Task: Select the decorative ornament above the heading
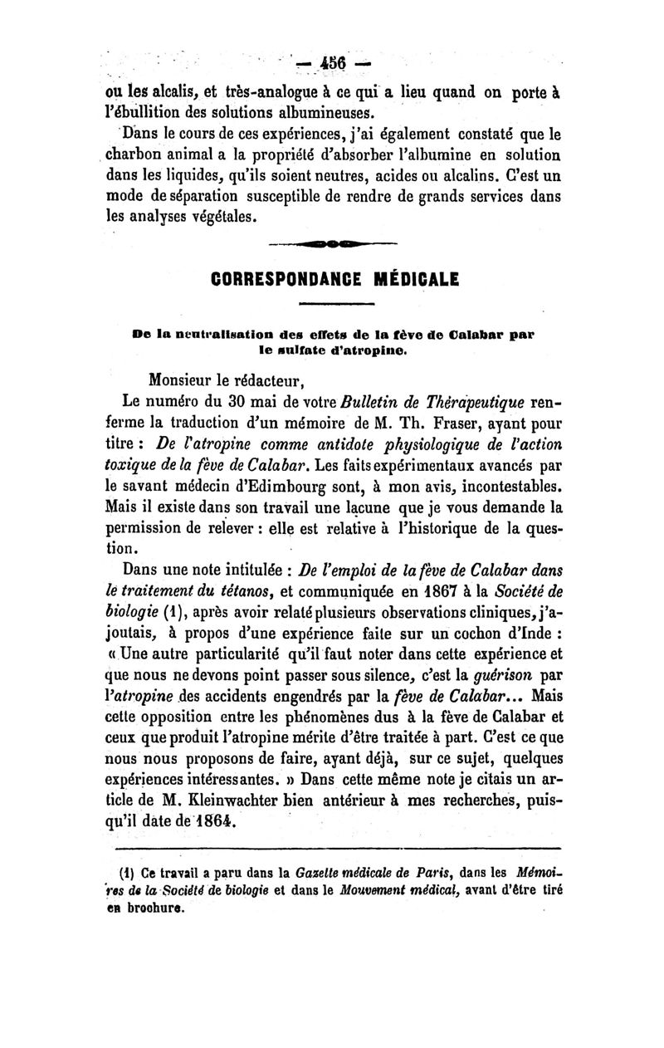point(333,243)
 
